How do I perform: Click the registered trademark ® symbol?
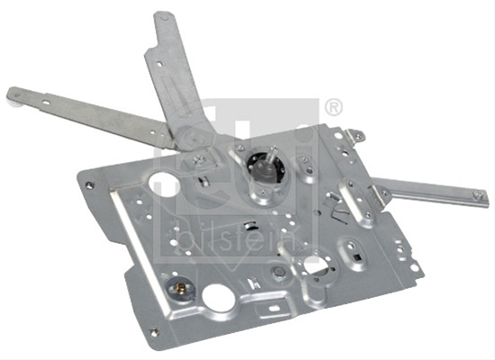[x=333, y=107]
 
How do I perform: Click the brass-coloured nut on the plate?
[x=181, y=288]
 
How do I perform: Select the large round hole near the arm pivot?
[x=163, y=184]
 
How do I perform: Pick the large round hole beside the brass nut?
[x=219, y=298]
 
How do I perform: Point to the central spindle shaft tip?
[x=274, y=149]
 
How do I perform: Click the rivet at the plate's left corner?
[x=90, y=185]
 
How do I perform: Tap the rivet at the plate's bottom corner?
[x=155, y=332]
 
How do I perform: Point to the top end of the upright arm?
[x=163, y=15]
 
